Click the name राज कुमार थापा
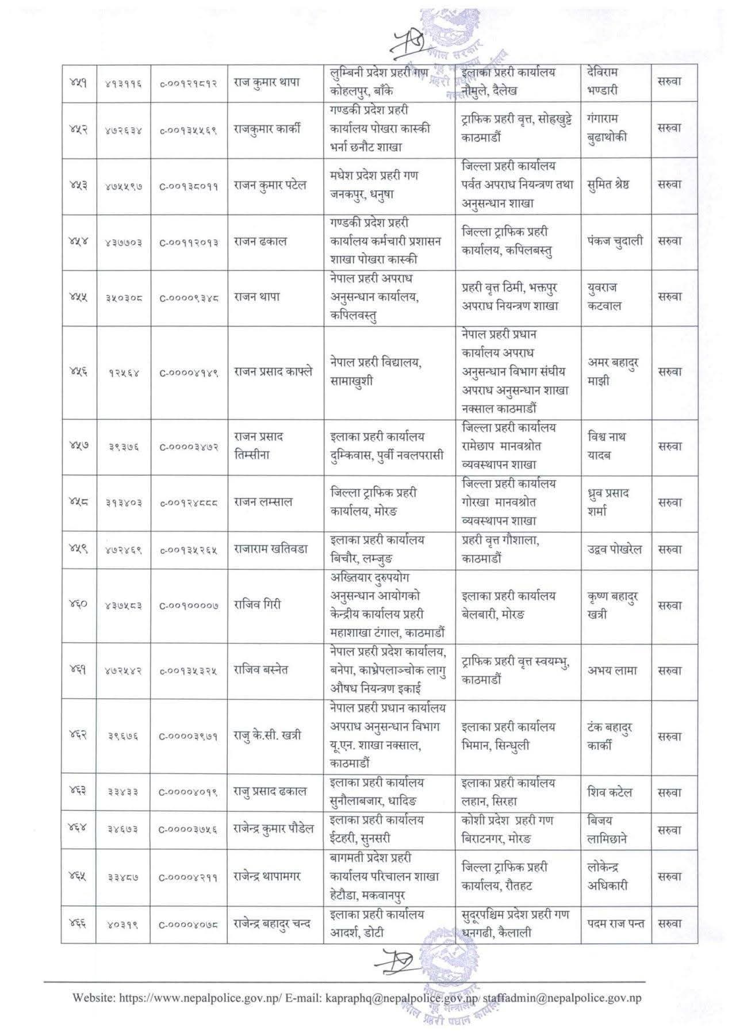click(267, 82)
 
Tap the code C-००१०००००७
click(189, 605)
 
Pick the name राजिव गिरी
click(257, 604)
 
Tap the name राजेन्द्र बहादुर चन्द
click(272, 924)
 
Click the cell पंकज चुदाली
click(615, 241)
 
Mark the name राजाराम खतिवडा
click(270, 549)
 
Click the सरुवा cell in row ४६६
click(669, 923)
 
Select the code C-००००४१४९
click(189, 373)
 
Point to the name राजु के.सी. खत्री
click(267, 735)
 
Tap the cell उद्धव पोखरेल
click(615, 549)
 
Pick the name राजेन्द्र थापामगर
click(267, 877)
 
